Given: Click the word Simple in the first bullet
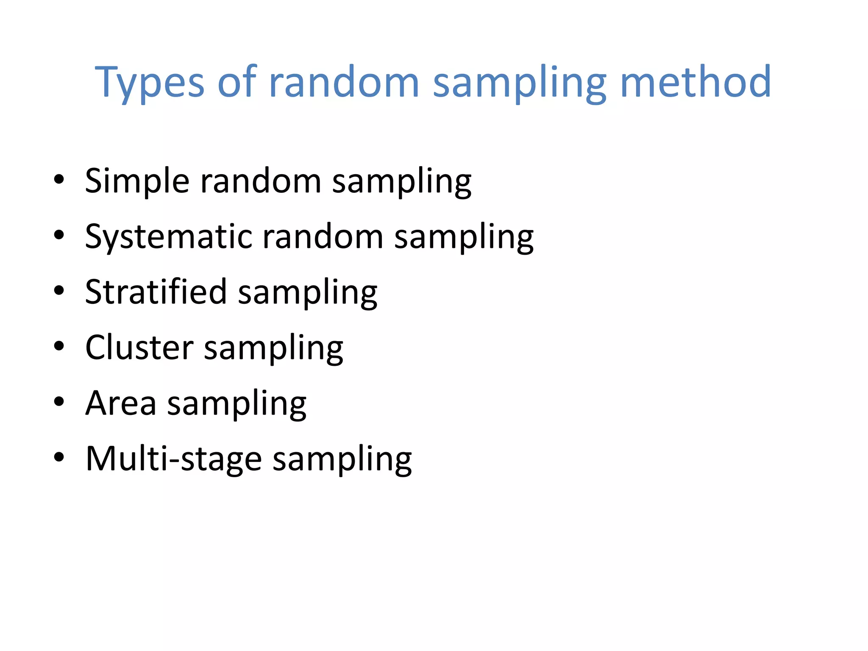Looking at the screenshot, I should (x=137, y=181).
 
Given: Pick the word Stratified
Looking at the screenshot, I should (x=156, y=292).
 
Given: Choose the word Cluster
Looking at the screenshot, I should (x=139, y=348).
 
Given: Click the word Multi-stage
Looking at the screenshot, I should (x=174, y=459).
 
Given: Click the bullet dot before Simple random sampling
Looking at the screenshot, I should (x=59, y=179).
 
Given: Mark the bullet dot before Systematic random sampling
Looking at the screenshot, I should (x=59, y=235).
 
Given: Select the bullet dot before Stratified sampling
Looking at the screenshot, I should (x=59, y=290).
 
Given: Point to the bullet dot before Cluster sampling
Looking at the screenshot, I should (x=59, y=346).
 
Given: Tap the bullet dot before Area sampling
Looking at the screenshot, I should (x=59, y=401).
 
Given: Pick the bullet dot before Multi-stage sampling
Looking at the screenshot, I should (x=59, y=457).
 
